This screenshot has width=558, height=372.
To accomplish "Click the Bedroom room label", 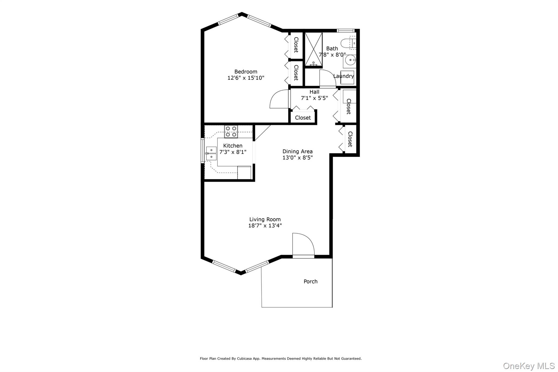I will (x=246, y=72).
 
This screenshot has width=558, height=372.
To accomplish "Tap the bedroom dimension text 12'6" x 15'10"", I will (x=246, y=78).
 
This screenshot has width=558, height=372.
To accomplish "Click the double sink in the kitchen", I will (x=211, y=153).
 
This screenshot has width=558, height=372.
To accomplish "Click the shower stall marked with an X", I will (x=313, y=49).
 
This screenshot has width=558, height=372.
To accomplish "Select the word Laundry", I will (x=344, y=76).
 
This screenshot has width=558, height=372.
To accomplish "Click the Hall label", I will (x=314, y=92).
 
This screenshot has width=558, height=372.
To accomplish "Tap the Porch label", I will (x=311, y=282).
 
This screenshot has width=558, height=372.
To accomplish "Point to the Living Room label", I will (x=265, y=219).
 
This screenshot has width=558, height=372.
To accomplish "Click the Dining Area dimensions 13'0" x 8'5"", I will (x=298, y=158).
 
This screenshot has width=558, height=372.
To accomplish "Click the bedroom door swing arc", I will (x=278, y=100).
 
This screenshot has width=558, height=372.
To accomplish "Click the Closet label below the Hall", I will (x=303, y=118).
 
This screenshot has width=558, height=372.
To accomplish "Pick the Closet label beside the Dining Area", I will (x=350, y=139).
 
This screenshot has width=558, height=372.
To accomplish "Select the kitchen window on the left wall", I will (x=202, y=151).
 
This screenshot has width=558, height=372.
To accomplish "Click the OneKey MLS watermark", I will (x=529, y=366).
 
